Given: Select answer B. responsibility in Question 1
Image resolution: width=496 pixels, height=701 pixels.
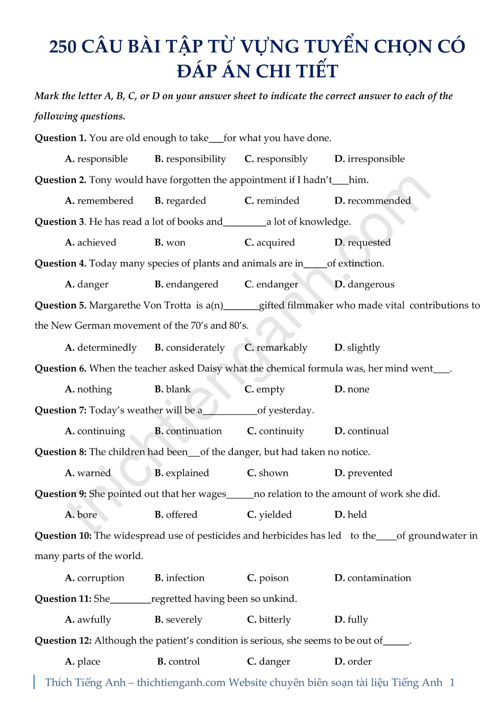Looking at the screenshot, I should click(190, 159).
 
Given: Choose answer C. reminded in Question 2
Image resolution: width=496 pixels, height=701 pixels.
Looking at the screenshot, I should click(272, 201).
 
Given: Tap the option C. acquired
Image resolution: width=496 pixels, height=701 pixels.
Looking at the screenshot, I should click(270, 243).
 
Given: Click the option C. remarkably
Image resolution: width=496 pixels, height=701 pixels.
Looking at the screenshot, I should click(276, 348).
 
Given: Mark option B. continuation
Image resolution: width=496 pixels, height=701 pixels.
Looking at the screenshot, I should click(188, 431).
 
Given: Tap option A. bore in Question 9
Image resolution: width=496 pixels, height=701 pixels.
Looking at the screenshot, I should click(81, 515).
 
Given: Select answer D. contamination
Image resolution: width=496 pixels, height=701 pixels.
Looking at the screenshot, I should click(373, 578).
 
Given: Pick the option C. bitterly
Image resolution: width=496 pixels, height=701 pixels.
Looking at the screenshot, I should click(269, 620).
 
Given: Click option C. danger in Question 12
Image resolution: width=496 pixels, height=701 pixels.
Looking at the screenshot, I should click(268, 662).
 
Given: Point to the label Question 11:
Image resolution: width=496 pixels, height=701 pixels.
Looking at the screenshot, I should click(63, 599).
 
